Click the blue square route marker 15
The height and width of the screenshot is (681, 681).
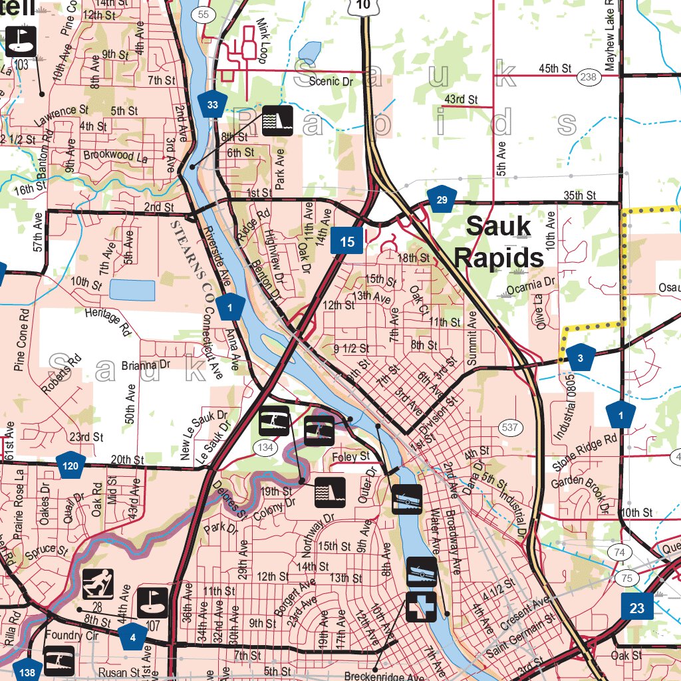click(x=347, y=241)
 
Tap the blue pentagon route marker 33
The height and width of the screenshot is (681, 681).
click(x=212, y=104)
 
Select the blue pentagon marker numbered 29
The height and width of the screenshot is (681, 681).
click(x=442, y=200)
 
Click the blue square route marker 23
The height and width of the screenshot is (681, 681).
click(x=636, y=607)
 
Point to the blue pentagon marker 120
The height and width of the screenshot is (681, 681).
click(x=71, y=465)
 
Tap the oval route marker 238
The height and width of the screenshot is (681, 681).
click(x=589, y=76)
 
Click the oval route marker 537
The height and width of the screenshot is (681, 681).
click(x=510, y=427)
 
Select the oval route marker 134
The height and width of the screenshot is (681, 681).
click(x=265, y=448)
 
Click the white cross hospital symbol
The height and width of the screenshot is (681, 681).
click(x=421, y=607)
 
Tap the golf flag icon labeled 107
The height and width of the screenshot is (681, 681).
click(x=153, y=602)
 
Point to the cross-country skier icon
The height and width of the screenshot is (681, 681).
click(x=98, y=584)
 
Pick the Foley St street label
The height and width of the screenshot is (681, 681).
click(x=350, y=456)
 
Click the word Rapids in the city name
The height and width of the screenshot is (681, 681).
click(x=499, y=257)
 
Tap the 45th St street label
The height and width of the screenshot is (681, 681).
click(x=555, y=68)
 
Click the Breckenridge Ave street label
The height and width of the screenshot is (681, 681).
click(x=384, y=676)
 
